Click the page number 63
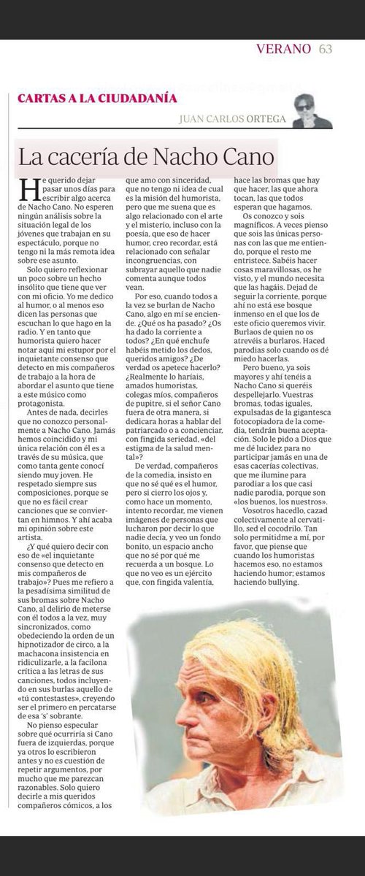pos(325,50)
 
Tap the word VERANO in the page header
pos(288,50)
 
